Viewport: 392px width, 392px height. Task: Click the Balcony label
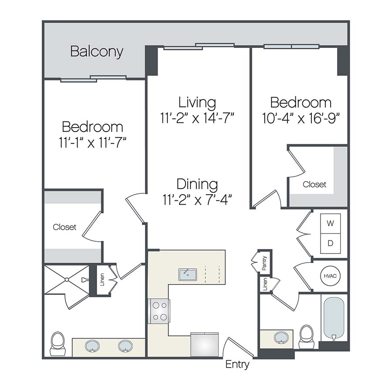[x=97, y=52]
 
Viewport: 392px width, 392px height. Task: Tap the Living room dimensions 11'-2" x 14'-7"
[x=197, y=118]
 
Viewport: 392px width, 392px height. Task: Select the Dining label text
[x=197, y=184]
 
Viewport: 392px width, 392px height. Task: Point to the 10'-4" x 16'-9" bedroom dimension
[x=301, y=118]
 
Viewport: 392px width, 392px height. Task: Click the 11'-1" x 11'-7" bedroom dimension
[x=92, y=142]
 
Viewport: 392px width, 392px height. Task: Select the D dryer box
[x=330, y=243]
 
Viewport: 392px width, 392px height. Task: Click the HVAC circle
[x=330, y=276]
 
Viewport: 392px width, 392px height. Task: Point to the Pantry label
[x=264, y=263]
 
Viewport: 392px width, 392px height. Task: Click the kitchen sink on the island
[x=187, y=275]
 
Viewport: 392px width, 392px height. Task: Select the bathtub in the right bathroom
[x=334, y=318]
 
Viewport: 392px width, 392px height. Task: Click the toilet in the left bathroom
[x=57, y=343]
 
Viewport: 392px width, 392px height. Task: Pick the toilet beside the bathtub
[x=307, y=336]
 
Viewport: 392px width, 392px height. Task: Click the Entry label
[x=237, y=365]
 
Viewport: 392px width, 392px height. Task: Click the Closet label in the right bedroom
[x=314, y=184]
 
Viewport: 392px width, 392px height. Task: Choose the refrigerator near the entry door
[x=204, y=345]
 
